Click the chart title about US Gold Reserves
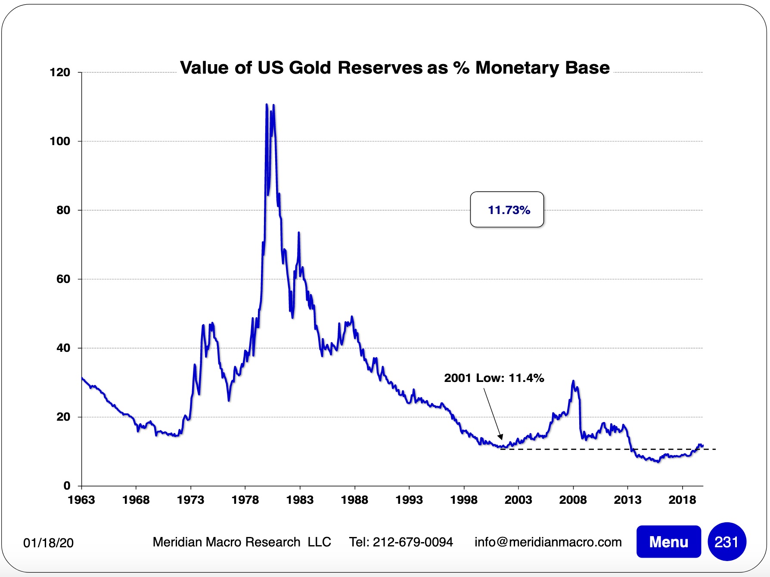(394, 68)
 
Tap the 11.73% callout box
(507, 210)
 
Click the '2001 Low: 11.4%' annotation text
(494, 378)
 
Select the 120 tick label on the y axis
(60, 72)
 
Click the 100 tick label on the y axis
(60, 141)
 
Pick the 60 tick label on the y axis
(63, 279)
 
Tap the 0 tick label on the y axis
(67, 486)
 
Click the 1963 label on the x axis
(81, 500)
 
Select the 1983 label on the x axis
(300, 500)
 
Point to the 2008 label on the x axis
(573, 500)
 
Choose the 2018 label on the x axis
(682, 500)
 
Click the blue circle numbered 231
(727, 542)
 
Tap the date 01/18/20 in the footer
(48, 543)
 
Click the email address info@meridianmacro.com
(548, 542)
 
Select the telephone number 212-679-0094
(413, 542)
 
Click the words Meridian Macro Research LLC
(242, 542)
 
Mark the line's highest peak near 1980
(267, 104)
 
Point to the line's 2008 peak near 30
(573, 381)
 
